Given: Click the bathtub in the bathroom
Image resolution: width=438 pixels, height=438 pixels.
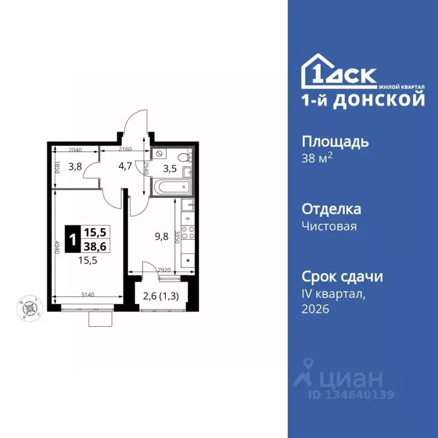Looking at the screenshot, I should coord(171,186).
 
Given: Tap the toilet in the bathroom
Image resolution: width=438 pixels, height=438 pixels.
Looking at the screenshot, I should coord(184,156).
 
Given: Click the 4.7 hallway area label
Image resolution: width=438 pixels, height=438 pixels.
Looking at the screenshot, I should coord(125,167).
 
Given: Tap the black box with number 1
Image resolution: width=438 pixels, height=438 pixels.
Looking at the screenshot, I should coord(71,239).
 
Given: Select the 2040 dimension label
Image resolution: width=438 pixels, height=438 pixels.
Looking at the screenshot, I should coord(75,149).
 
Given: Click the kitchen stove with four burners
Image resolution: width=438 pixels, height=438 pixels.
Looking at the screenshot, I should coord(188,234).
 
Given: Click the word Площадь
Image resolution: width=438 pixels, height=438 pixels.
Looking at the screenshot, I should coord(335,141).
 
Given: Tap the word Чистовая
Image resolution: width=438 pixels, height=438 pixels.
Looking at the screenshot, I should coord(329,226).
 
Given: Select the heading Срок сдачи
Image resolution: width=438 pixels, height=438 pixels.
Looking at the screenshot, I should coord(342,277).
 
